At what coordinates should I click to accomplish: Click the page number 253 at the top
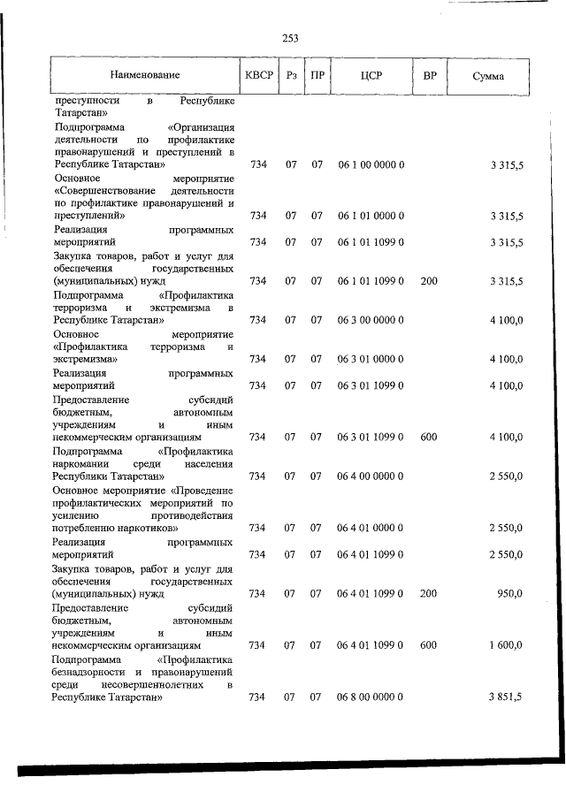point(290,37)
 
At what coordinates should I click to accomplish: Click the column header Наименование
point(146,76)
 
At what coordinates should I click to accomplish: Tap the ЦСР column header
point(371,76)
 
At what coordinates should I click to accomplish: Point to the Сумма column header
point(488,76)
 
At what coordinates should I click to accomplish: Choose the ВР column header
point(429,76)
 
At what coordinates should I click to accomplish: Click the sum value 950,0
point(507,593)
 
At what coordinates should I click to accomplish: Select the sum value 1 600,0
point(504,644)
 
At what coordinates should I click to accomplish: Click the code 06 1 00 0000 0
point(371,164)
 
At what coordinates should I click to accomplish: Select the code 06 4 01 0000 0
point(371,528)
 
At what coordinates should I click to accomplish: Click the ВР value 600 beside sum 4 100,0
point(429,437)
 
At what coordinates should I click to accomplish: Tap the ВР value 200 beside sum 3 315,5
point(429,281)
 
